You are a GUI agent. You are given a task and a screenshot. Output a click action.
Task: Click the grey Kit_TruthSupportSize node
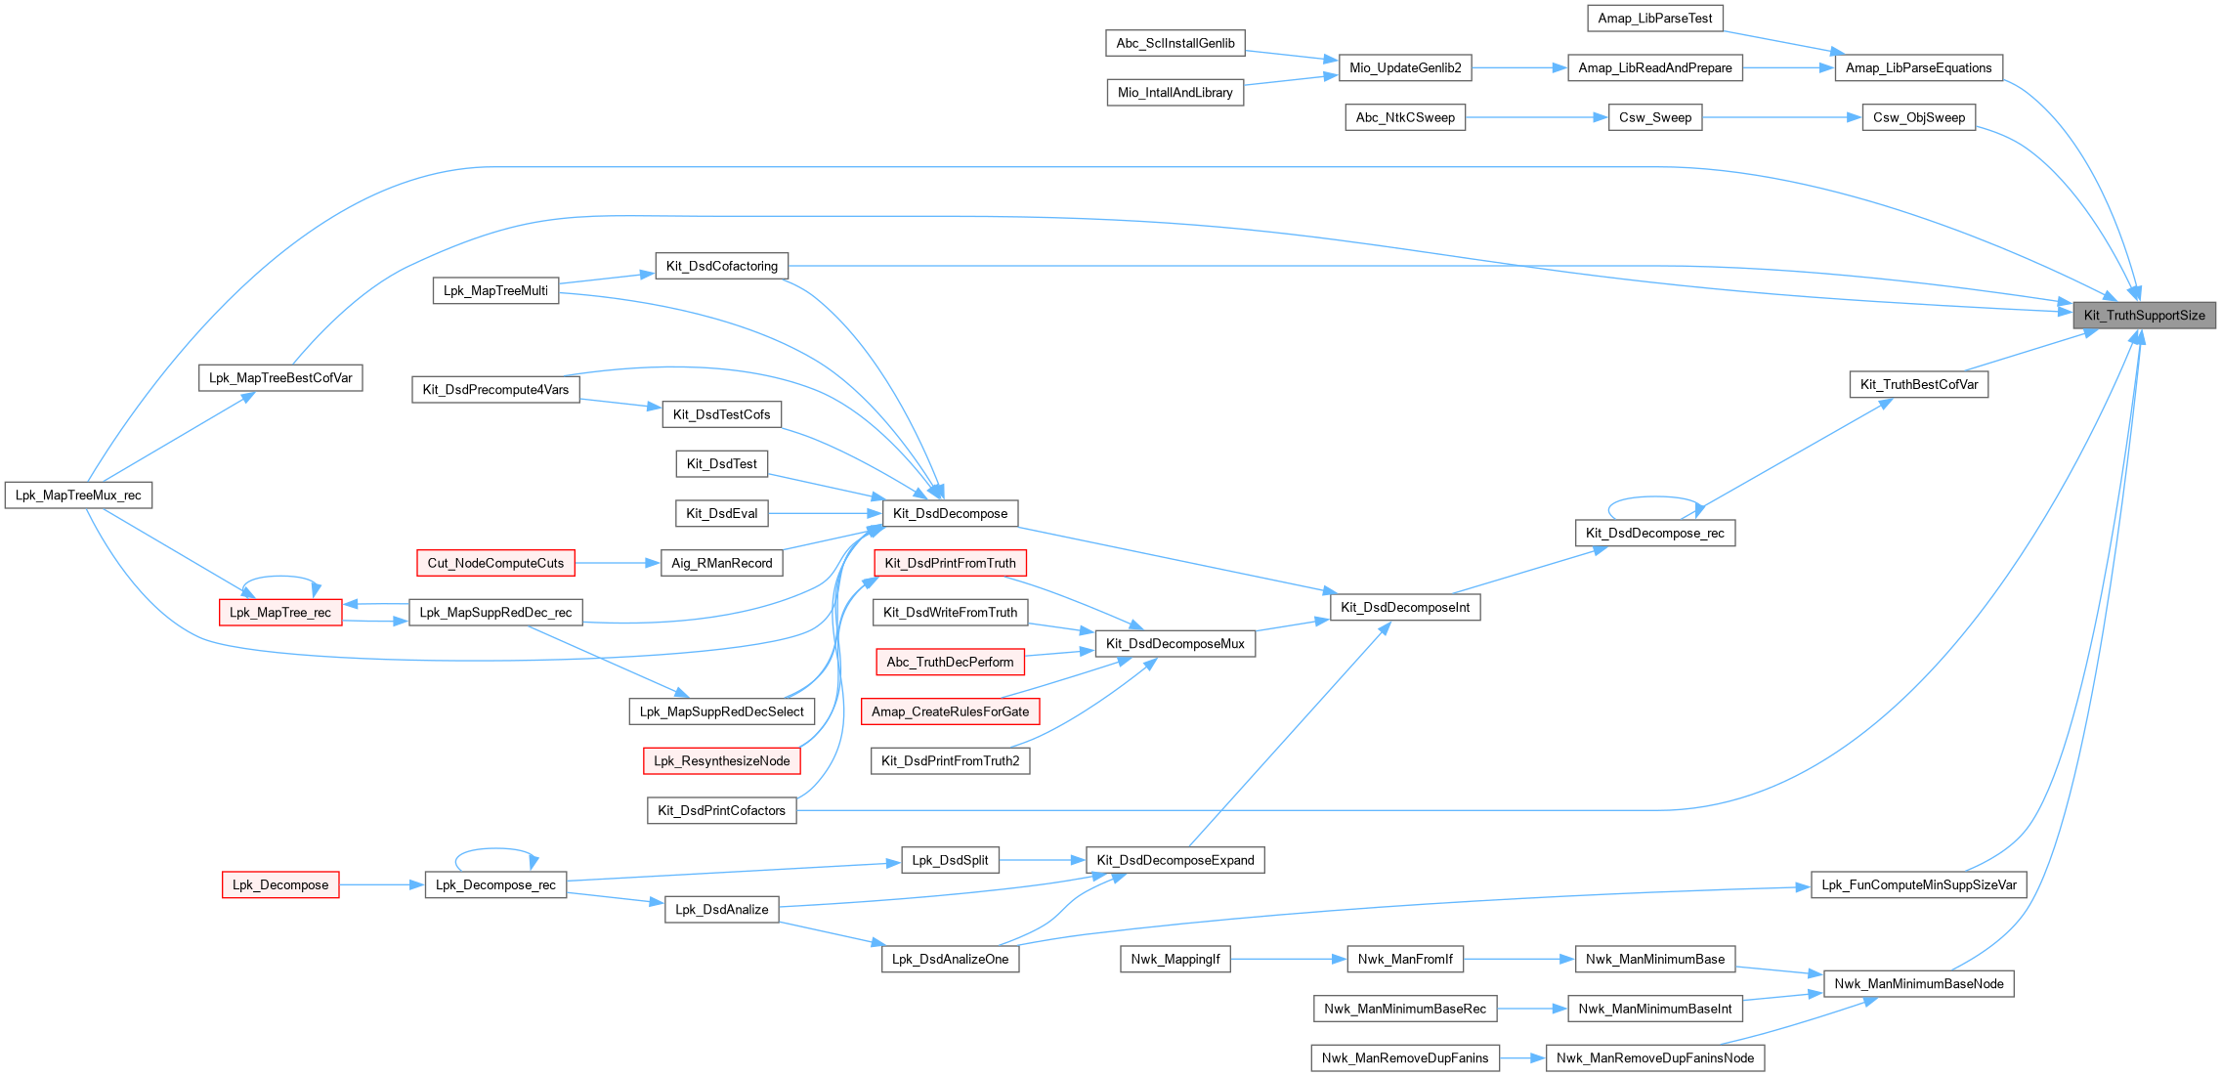click(2144, 315)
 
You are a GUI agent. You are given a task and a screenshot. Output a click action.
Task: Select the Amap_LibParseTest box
click(1654, 18)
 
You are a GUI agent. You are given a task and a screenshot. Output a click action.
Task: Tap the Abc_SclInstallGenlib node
click(1175, 43)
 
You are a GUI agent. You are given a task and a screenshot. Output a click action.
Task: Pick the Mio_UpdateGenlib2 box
click(1405, 67)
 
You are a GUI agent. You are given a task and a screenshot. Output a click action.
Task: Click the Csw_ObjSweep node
click(1918, 117)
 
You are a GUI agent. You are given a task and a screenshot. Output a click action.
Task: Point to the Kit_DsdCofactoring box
click(721, 266)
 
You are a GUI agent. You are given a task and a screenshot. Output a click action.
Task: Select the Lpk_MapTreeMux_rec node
click(78, 495)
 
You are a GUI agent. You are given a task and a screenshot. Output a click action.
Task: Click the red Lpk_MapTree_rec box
click(280, 612)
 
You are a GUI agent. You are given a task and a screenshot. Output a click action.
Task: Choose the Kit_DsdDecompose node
click(950, 513)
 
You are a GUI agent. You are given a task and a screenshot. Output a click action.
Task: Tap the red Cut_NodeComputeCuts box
click(495, 563)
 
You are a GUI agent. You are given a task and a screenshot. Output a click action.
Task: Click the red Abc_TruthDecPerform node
click(950, 662)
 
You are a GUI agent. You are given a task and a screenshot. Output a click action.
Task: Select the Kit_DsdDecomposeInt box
click(1405, 607)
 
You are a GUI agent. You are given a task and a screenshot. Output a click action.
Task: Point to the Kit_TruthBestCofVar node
click(1918, 384)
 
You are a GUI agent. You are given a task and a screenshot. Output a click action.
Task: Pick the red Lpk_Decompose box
click(280, 884)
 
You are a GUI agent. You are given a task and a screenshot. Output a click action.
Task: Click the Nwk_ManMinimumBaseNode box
click(1918, 983)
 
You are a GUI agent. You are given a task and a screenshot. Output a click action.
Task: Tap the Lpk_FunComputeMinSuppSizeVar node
click(1918, 884)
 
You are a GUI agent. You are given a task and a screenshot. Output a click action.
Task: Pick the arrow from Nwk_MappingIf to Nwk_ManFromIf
click(1288, 959)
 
